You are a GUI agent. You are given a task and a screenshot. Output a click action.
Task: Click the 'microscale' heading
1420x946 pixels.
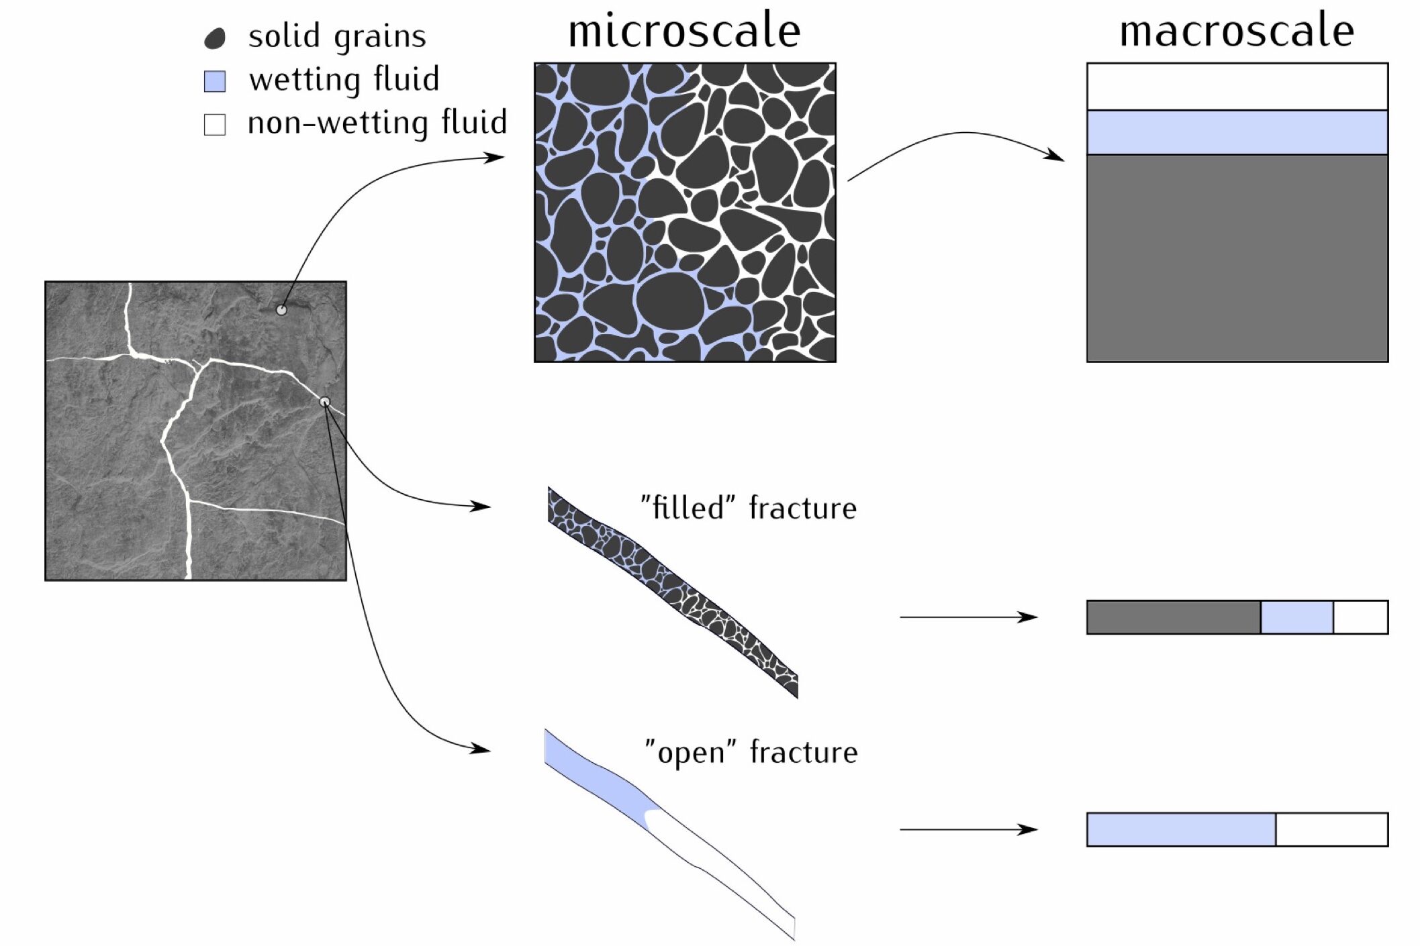[684, 32]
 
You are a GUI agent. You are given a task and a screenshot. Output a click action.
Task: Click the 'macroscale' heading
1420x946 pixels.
[1236, 32]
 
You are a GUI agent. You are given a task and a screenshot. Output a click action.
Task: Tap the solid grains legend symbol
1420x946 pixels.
[215, 38]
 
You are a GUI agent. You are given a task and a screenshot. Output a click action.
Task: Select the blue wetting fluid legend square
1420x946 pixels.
[215, 81]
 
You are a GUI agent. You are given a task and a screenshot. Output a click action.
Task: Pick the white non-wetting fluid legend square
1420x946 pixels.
[215, 124]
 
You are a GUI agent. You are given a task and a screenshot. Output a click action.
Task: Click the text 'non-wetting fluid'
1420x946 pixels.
[377, 123]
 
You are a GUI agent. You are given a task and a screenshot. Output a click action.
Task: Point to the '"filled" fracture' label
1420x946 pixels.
[749, 508]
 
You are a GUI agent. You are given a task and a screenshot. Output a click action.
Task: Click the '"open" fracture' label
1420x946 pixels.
[751, 752]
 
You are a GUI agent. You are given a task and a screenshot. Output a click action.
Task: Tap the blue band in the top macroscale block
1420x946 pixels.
[1237, 132]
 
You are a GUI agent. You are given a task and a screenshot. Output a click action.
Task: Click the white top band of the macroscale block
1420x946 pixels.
[1237, 87]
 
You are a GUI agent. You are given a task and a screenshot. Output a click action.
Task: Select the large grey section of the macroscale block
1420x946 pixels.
[1237, 258]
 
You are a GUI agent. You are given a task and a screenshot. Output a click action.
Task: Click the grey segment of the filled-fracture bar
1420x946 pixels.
[1173, 617]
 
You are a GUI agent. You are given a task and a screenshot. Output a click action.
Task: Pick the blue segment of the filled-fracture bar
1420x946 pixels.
[1296, 617]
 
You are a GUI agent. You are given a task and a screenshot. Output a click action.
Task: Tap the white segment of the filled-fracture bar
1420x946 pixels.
[1360, 617]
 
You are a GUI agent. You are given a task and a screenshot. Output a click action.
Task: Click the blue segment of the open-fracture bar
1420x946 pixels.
[1180, 829]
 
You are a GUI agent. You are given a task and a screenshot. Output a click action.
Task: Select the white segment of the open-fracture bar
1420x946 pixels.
[1331, 829]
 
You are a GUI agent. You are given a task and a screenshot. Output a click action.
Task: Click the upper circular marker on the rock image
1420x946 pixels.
[282, 310]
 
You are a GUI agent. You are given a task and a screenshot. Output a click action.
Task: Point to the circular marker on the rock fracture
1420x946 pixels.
[325, 402]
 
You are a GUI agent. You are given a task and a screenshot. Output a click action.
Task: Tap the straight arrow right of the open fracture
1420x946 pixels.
[968, 830]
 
